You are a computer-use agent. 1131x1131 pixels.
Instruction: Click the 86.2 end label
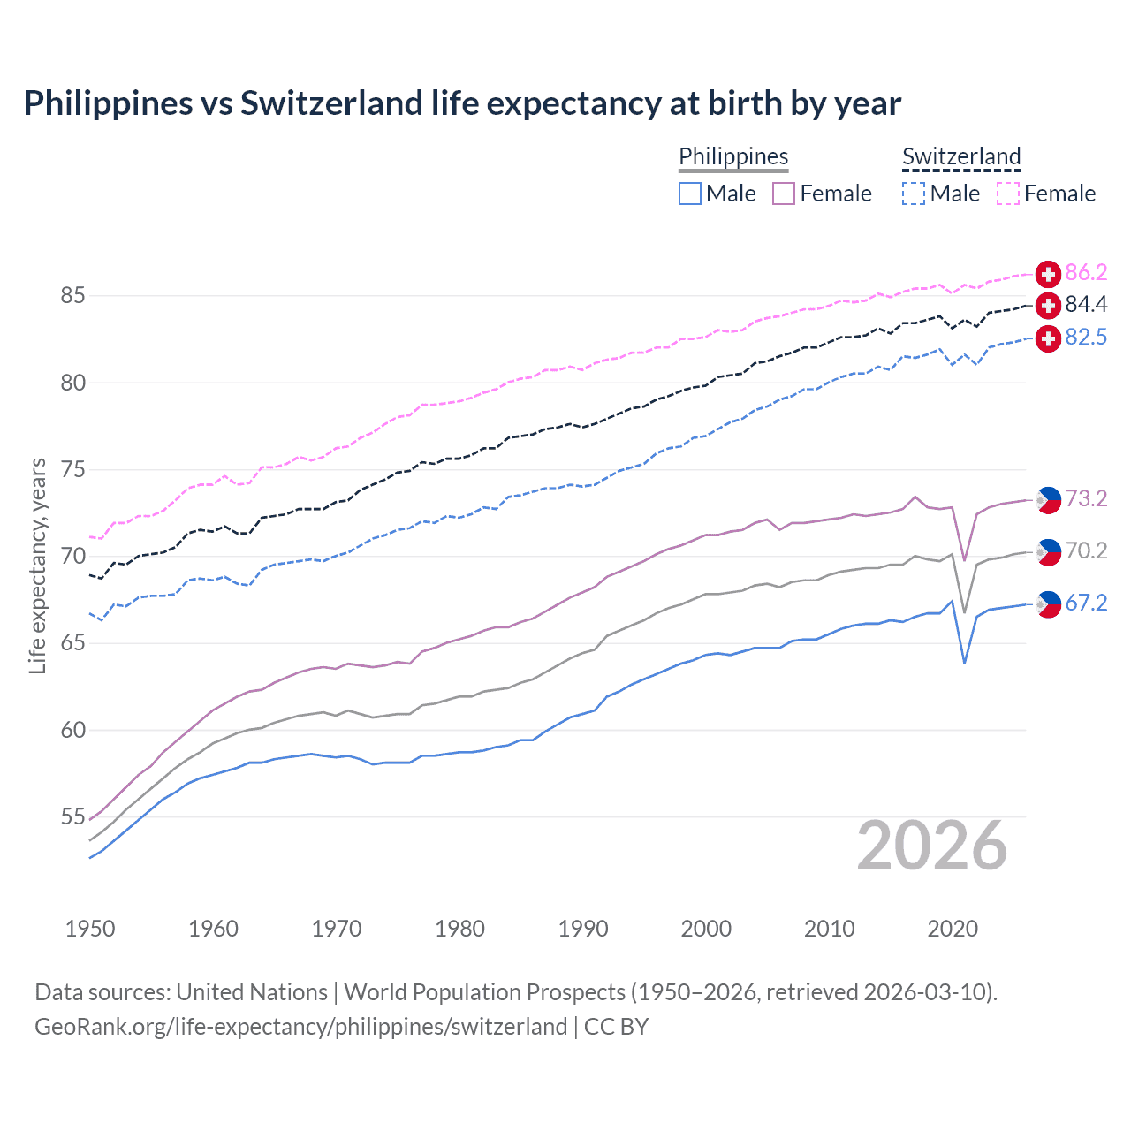pyautogui.click(x=1086, y=272)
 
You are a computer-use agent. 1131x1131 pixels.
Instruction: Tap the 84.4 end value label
pyautogui.click(x=1086, y=305)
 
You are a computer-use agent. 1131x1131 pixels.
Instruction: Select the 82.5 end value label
pyautogui.click(x=1086, y=338)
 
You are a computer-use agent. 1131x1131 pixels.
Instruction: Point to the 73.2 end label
pyautogui.click(x=1086, y=499)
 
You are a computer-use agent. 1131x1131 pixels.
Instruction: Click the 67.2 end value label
pyautogui.click(x=1086, y=603)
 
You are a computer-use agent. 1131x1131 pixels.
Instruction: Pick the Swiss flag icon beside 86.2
pyautogui.click(x=1048, y=273)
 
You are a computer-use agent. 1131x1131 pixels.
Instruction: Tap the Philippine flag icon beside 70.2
pyautogui.click(x=1048, y=552)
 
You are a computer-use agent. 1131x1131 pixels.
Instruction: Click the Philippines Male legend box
pyautogui.click(x=690, y=194)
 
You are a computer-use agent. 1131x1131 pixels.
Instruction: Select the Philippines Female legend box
pyautogui.click(x=784, y=194)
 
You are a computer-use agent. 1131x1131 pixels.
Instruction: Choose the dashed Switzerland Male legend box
pyautogui.click(x=914, y=194)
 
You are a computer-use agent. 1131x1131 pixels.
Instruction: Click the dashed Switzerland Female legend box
pyautogui.click(x=1008, y=194)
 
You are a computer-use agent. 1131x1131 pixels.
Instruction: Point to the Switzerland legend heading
pyautogui.click(x=961, y=156)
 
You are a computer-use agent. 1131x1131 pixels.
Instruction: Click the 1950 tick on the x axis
pyautogui.click(x=90, y=929)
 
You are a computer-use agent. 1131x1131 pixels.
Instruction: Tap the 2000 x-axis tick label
pyautogui.click(x=706, y=929)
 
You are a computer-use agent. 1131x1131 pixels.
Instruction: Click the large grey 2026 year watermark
pyautogui.click(x=931, y=846)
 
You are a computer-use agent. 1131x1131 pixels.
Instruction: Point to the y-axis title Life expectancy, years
pyautogui.click(x=37, y=565)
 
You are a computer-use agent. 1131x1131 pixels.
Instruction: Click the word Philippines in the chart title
pyautogui.click(x=108, y=103)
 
